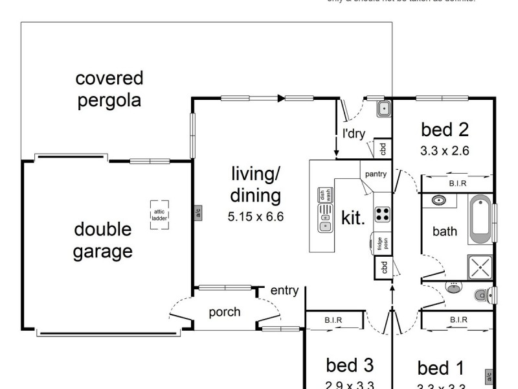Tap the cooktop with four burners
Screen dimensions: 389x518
click(383, 214)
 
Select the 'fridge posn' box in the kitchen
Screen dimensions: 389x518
click(383, 243)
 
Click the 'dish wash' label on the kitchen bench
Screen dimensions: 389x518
click(325, 194)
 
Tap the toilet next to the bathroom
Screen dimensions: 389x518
click(483, 296)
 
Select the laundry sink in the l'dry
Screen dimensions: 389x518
click(383, 109)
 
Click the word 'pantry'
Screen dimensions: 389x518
click(376, 174)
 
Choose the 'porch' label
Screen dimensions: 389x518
click(225, 312)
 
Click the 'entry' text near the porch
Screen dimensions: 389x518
click(284, 290)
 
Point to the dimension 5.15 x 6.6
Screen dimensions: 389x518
click(256, 217)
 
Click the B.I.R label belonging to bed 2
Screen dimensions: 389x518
click(457, 184)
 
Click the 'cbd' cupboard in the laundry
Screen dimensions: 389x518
click(383, 148)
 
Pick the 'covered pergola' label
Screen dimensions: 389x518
click(109, 90)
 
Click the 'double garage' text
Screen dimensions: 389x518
click(103, 240)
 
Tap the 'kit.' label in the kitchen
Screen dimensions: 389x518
click(353, 218)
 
